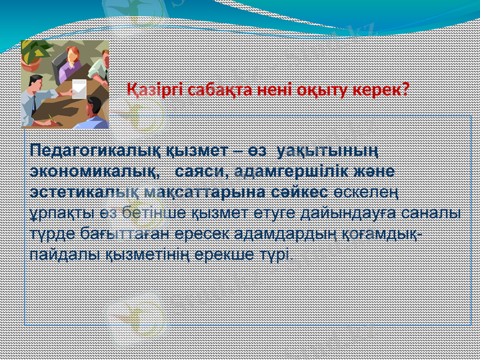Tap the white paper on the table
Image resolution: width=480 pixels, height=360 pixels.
coord(79,89)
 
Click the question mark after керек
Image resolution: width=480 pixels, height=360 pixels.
coord(406,90)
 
